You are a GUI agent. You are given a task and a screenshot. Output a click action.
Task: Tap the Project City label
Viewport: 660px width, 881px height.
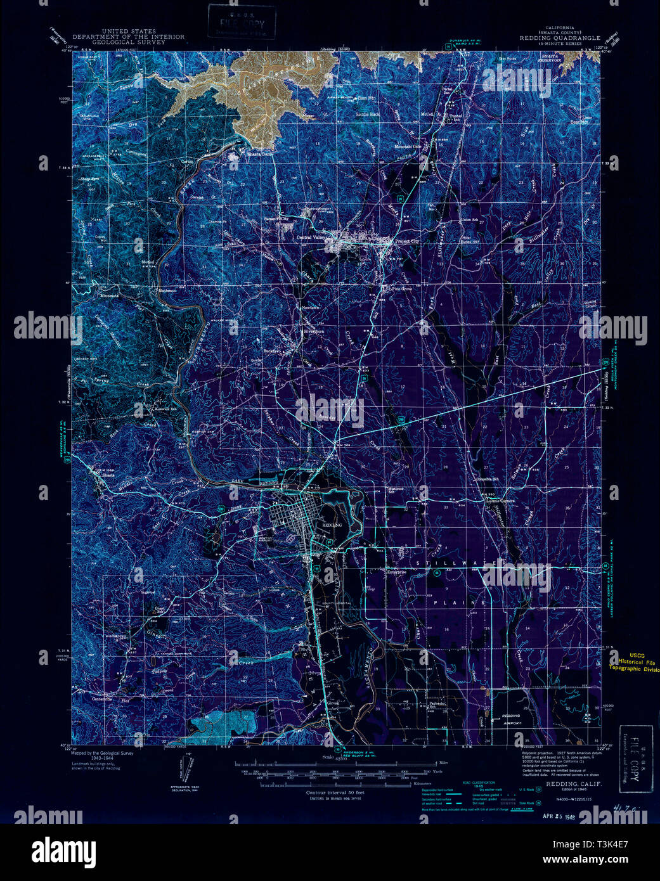[407, 241]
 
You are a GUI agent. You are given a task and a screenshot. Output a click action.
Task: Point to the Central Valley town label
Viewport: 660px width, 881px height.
[311, 237]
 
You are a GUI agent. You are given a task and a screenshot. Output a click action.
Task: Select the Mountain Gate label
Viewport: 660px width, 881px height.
[408, 146]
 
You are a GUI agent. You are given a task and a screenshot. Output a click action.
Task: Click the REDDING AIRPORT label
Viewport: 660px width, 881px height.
[512, 719]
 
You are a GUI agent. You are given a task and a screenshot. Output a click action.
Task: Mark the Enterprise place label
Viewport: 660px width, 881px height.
[398, 570]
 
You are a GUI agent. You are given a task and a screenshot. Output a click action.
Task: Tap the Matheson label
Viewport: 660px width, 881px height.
[166, 291]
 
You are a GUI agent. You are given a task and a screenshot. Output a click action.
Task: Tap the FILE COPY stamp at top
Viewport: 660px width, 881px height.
[242, 22]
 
